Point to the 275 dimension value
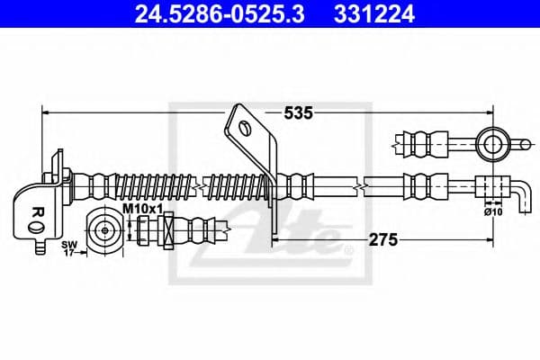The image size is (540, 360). tap(380, 240)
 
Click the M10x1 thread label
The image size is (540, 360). tap(141, 210)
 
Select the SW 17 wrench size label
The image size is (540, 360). tap(67, 249)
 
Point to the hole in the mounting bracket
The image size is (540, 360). tap(244, 127)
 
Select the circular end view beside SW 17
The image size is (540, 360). tap(104, 230)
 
